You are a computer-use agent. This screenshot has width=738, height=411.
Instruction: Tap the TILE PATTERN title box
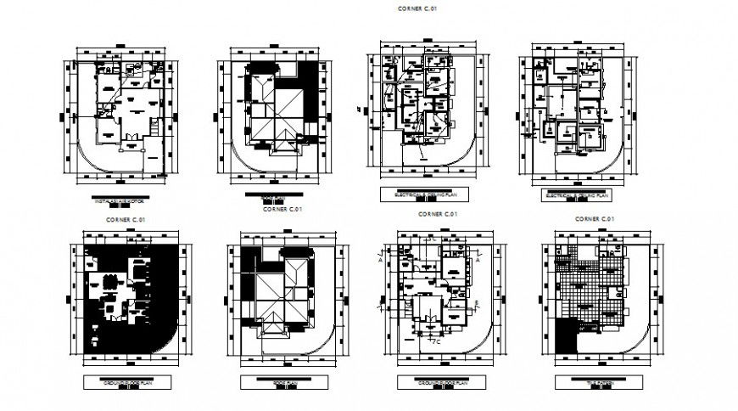tap(592, 383)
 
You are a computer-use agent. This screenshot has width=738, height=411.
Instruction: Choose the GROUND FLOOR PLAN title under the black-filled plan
tap(126, 383)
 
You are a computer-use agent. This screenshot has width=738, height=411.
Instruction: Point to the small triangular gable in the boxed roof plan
tap(272, 328)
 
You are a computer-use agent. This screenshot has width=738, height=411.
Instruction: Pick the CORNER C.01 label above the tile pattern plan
tap(594, 218)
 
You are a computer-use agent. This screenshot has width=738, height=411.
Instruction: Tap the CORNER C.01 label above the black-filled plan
tap(124, 219)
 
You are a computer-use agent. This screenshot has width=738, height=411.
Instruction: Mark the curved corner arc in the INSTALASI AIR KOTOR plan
tap(93, 162)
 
